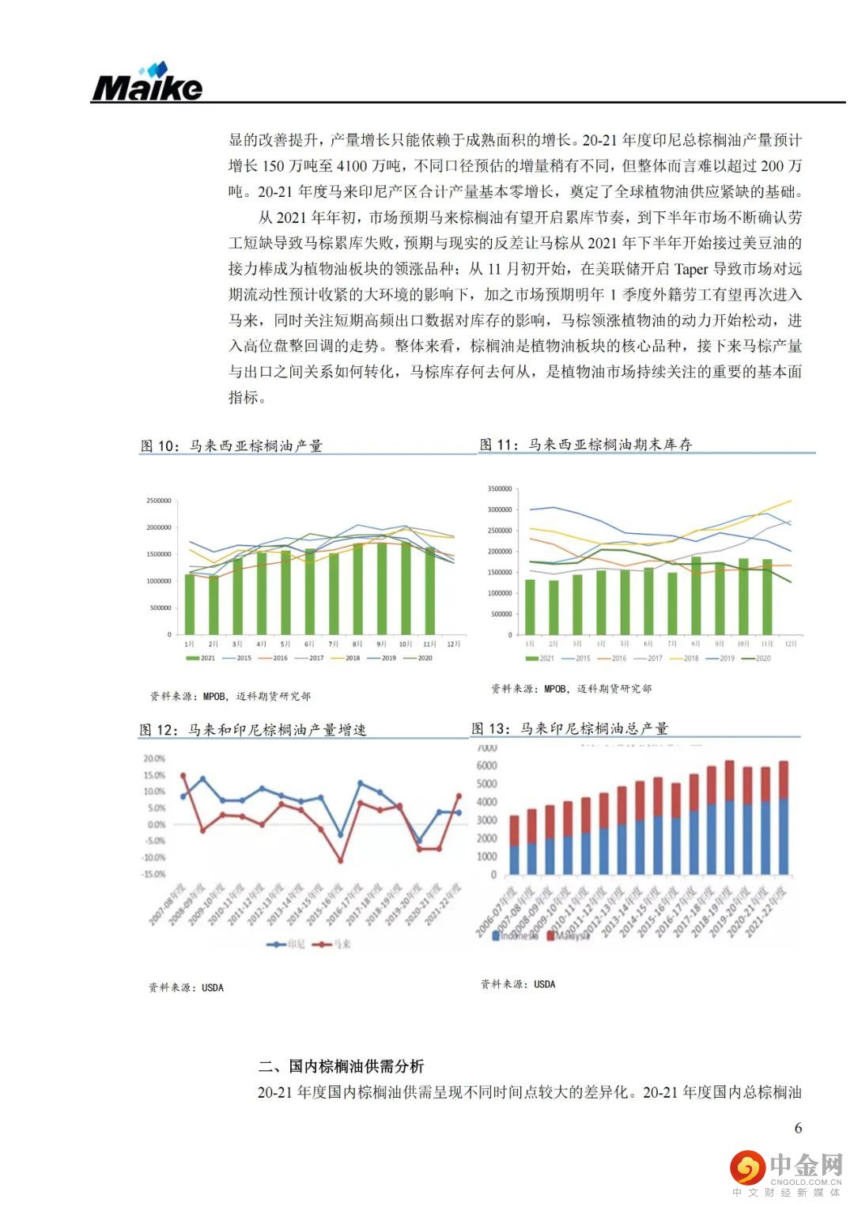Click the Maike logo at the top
pos(147,82)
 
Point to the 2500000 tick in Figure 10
pos(158,501)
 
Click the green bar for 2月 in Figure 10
pos(213,605)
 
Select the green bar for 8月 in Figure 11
pos(696,596)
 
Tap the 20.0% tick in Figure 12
pos(154,759)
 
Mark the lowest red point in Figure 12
pos(340,860)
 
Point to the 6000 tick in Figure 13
pos(486,766)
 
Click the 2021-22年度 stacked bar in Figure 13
pos(783,818)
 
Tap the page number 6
pos(798,1128)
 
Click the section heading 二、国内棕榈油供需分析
pos(342,1066)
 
